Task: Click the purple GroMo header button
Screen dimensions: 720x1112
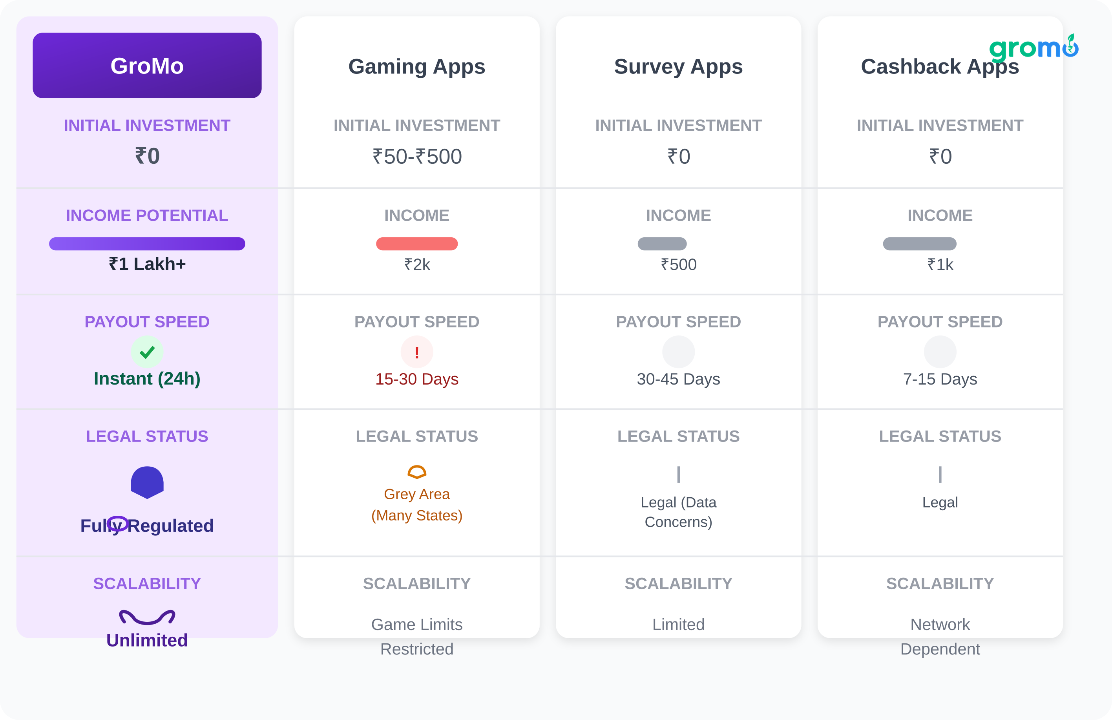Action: [x=147, y=66]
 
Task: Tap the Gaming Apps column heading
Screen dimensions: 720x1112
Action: [x=416, y=66]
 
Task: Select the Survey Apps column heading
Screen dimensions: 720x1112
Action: [x=678, y=66]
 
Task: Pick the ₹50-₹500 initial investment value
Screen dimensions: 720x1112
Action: [x=417, y=157]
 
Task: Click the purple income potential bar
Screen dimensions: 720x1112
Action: [x=147, y=244]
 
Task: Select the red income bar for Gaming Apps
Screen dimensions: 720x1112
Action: [x=416, y=244]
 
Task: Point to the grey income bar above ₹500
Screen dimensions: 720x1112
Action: [x=662, y=244]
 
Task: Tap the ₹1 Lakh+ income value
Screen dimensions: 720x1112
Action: [x=147, y=264]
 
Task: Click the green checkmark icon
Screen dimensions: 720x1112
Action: [x=147, y=352]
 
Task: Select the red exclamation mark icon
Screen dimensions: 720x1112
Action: [x=416, y=352]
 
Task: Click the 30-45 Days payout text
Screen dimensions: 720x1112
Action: [x=678, y=379]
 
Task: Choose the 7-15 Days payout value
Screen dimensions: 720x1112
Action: [x=940, y=379]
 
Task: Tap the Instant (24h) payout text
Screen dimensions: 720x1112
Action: [x=147, y=379]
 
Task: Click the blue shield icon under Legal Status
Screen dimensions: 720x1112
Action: [x=147, y=482]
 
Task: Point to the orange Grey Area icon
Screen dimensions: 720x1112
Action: [x=416, y=472]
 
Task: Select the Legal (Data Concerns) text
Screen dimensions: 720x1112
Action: [x=678, y=512]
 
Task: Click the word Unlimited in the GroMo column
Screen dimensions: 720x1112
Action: [x=147, y=640]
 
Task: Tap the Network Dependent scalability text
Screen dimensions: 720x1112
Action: [x=940, y=636]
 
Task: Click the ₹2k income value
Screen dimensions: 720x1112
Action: [x=417, y=265]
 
